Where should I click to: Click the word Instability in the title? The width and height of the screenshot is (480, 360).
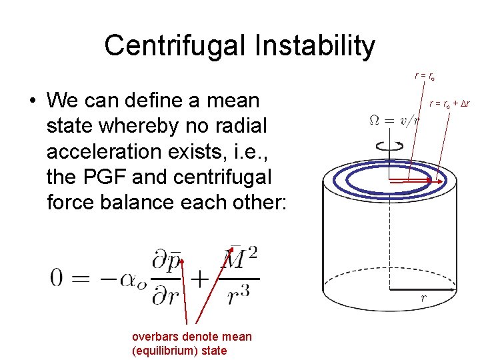pyautogui.click(x=319, y=46)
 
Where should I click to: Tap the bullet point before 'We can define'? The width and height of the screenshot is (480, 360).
pyautogui.click(x=31, y=101)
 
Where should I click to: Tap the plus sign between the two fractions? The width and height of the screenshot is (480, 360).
pyautogui.click(x=200, y=279)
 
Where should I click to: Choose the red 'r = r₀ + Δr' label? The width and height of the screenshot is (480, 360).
pyautogui.click(x=449, y=103)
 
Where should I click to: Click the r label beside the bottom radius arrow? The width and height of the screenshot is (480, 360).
pyautogui.click(x=423, y=298)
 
